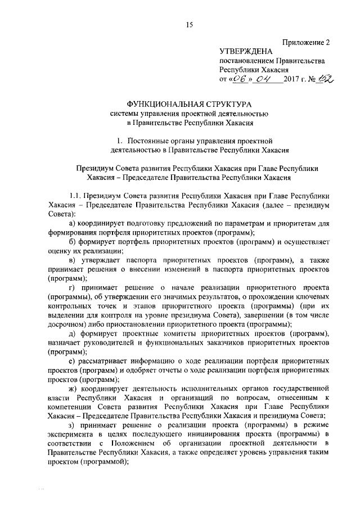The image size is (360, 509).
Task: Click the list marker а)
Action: [73, 223]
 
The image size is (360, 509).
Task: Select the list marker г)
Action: [72, 286]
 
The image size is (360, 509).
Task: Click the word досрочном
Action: [65, 325]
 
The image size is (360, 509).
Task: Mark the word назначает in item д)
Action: [67, 344]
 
